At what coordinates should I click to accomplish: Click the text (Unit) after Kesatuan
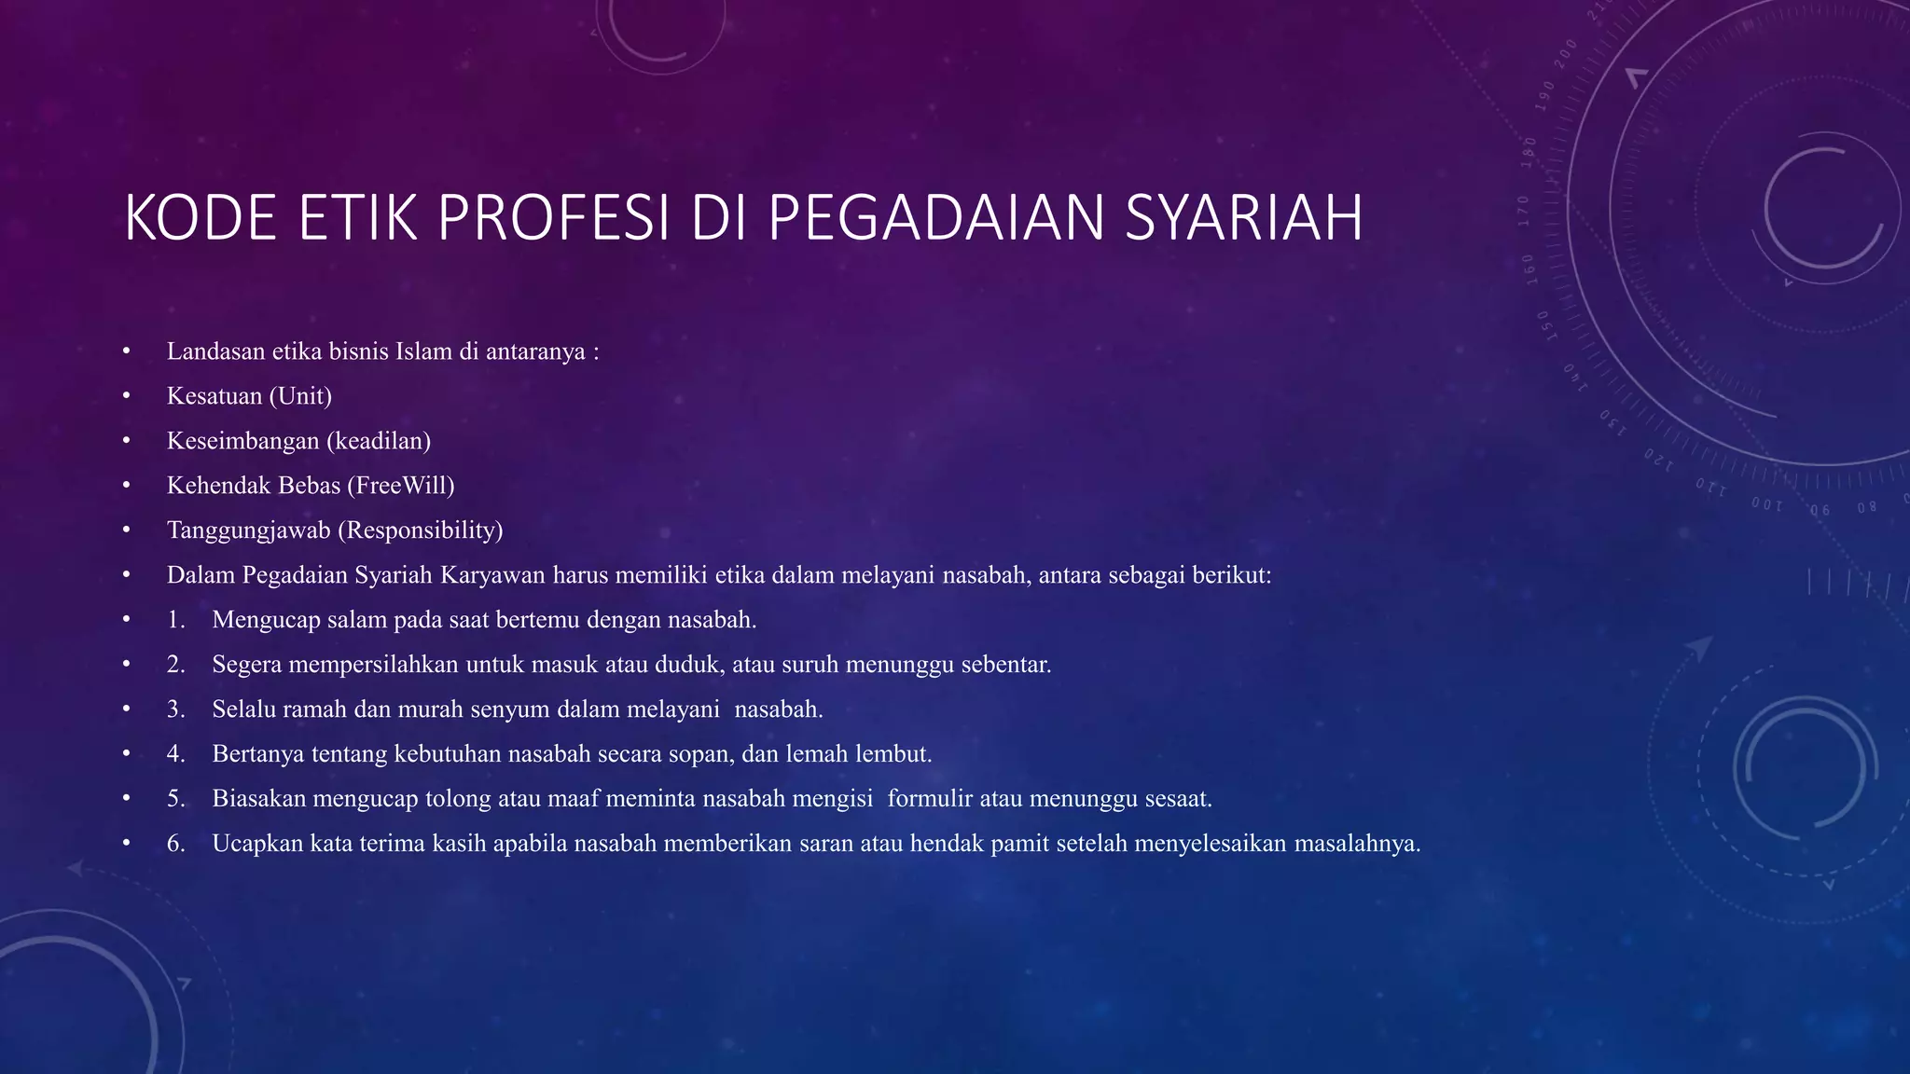click(300, 396)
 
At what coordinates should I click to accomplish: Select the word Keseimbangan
click(242, 441)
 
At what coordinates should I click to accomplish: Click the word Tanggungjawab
click(248, 530)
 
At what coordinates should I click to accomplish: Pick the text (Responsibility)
click(420, 530)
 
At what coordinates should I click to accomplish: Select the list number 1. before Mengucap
click(176, 620)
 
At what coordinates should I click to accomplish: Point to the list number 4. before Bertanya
click(176, 754)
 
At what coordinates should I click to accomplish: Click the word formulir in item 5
click(930, 799)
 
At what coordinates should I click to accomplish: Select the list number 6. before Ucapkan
click(176, 844)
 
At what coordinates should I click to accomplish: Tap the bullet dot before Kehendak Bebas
click(126, 486)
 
